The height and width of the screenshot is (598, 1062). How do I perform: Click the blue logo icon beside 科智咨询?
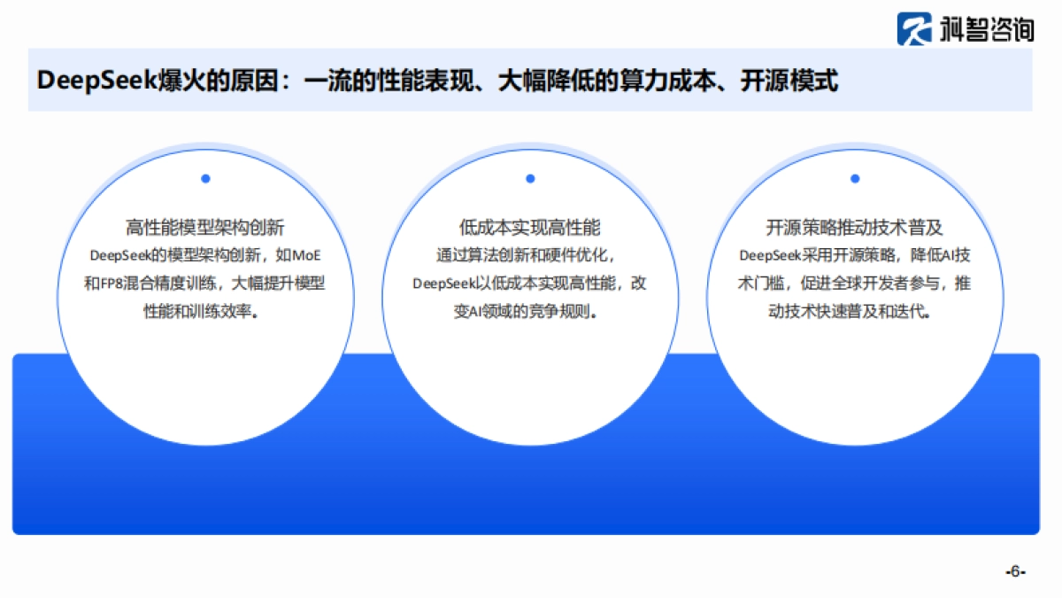[913, 28]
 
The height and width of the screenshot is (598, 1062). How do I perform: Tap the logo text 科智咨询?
[980, 29]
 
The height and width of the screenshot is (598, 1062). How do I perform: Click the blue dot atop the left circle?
[205, 178]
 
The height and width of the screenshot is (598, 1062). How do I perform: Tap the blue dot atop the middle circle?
[530, 178]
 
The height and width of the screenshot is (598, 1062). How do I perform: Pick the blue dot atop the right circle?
[855, 178]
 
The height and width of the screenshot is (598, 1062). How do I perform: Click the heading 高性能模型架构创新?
[204, 228]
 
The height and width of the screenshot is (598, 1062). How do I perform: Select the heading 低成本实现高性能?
[530, 228]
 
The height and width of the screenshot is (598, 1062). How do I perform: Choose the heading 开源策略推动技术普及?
[855, 228]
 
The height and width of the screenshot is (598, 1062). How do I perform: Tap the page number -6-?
[1015, 571]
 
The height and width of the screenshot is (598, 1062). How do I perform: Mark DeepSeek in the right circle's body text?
[769, 255]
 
